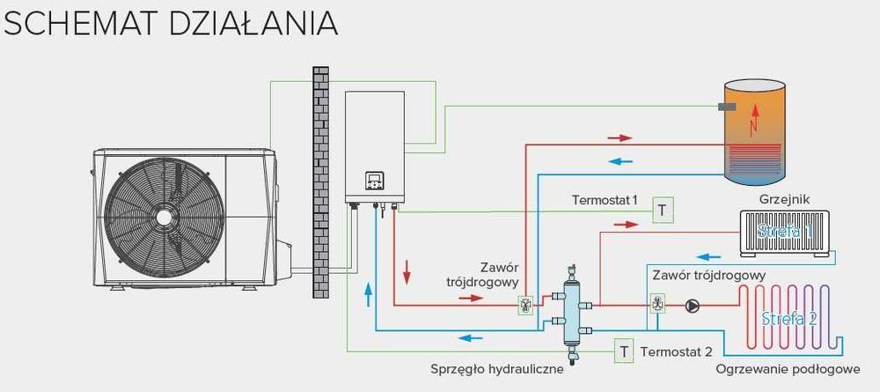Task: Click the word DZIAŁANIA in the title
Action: tap(254, 23)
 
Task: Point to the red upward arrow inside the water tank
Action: tap(754, 119)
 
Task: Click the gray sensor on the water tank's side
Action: tap(727, 107)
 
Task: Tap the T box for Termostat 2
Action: tap(624, 351)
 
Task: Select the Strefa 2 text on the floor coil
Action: tap(789, 318)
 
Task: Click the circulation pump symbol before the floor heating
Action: tap(693, 306)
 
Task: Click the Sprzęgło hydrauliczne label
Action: tap(497, 368)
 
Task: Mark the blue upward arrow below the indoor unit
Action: tap(368, 295)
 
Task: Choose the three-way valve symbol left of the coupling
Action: tap(525, 307)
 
